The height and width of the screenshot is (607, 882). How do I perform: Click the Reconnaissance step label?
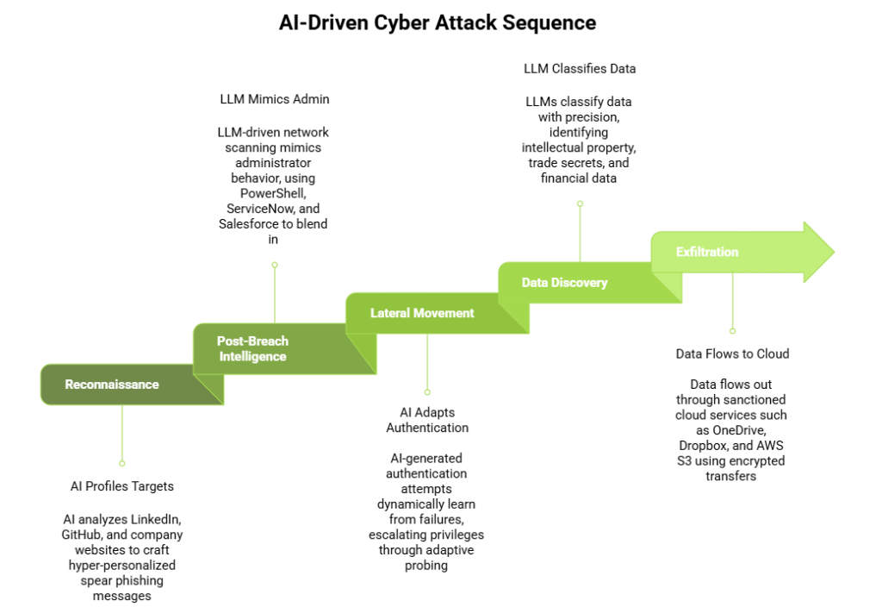click(112, 385)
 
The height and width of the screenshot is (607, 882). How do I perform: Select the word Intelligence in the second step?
click(252, 357)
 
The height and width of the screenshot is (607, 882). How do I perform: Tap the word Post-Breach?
click(252, 341)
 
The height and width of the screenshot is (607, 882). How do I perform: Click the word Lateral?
click(390, 313)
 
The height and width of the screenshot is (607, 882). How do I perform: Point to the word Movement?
click(444, 313)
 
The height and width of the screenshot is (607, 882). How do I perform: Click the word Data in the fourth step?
click(535, 283)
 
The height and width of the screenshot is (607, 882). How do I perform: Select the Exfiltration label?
click(707, 253)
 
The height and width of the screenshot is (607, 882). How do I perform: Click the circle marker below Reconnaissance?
click(121, 463)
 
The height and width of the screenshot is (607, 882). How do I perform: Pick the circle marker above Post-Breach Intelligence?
click(275, 265)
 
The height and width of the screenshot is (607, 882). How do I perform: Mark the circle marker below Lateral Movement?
click(427, 391)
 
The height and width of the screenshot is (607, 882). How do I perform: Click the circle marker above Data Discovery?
click(580, 204)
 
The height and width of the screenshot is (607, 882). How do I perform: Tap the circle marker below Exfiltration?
click(732, 330)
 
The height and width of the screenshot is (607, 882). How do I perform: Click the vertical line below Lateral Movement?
click(427, 362)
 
